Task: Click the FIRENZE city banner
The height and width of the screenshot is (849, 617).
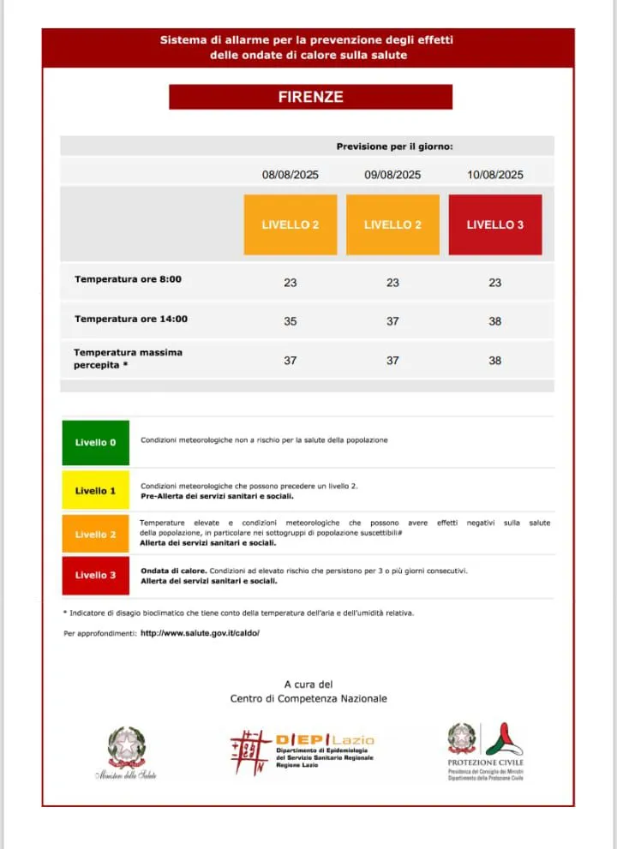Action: pos(310,97)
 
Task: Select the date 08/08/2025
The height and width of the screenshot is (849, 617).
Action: pos(291,175)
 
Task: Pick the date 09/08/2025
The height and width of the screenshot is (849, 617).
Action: pos(392,175)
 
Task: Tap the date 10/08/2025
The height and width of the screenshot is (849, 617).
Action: pos(495,175)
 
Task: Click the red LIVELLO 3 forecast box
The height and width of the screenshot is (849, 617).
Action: pos(495,224)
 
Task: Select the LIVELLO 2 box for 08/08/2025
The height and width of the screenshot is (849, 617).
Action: pos(291,224)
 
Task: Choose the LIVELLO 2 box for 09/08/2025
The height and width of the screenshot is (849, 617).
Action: pos(392,224)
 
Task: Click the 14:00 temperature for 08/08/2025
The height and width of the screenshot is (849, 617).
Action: pos(291,321)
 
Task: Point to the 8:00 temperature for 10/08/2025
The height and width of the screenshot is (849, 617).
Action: pos(495,283)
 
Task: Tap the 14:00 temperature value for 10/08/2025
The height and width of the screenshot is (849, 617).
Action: pos(495,321)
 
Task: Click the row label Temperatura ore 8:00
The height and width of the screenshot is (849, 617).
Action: pos(128,279)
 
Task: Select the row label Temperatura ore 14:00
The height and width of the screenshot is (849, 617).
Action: pos(130,319)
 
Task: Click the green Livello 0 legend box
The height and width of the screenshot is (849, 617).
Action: pos(95,442)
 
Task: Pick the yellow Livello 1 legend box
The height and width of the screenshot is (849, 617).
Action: pos(95,491)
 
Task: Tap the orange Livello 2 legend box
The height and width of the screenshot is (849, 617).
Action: pos(95,534)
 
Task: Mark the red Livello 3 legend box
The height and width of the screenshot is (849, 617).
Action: pos(95,575)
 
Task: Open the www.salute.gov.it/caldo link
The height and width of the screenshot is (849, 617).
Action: pos(200,633)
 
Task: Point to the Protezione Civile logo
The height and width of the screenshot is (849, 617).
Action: pos(486,750)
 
